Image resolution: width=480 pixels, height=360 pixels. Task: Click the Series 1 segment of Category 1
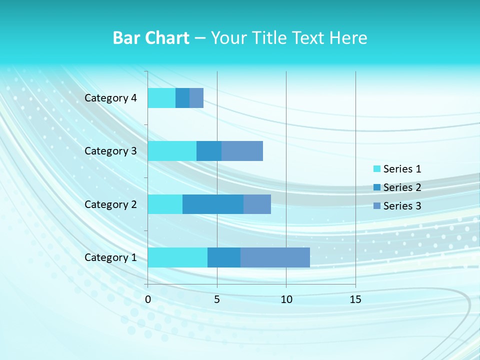[x=177, y=257]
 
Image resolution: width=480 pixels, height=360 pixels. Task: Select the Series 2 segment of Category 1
[x=224, y=257]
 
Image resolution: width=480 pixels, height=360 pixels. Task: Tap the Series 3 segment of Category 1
[x=275, y=257]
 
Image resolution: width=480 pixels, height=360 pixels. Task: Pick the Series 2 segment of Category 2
[x=213, y=204]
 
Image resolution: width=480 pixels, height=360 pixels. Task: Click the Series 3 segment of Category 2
[x=257, y=204]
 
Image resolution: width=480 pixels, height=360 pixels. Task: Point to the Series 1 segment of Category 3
[x=172, y=151]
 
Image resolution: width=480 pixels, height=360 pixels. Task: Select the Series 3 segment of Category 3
[x=242, y=151]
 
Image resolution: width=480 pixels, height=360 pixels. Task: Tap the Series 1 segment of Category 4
[x=161, y=98]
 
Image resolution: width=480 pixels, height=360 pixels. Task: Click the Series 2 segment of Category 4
[x=182, y=98]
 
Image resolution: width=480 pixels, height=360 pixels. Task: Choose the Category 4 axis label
[x=110, y=98]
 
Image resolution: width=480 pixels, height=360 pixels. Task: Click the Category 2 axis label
[x=110, y=204]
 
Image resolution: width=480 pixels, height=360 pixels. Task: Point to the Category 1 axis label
[x=110, y=257]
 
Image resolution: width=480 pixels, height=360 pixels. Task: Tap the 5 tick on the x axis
[x=217, y=299]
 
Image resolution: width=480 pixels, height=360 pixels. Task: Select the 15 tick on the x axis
[x=355, y=299]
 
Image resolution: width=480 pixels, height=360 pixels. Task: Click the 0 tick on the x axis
[x=148, y=299]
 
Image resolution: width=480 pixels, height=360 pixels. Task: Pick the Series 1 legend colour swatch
[x=377, y=169]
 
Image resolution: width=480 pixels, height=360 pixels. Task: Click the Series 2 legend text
[x=402, y=187]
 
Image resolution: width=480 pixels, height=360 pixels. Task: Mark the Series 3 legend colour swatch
[x=377, y=206]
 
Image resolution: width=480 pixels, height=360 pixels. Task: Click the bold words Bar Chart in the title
[x=151, y=38]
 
